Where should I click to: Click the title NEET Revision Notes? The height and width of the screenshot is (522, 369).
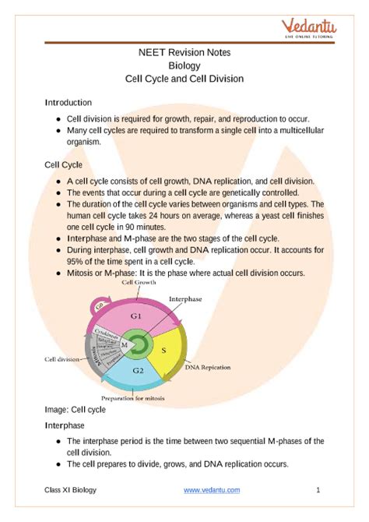pyautogui.click(x=184, y=52)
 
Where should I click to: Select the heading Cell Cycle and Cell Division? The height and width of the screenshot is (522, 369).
pyautogui.click(x=184, y=78)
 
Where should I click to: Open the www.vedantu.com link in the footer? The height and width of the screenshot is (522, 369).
pyautogui.click(x=212, y=490)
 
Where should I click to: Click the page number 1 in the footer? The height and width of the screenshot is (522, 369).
pyautogui.click(x=318, y=490)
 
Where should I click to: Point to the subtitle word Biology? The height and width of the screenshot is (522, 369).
pyautogui.click(x=184, y=65)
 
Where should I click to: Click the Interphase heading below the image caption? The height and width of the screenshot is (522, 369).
pyautogui.click(x=66, y=426)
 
